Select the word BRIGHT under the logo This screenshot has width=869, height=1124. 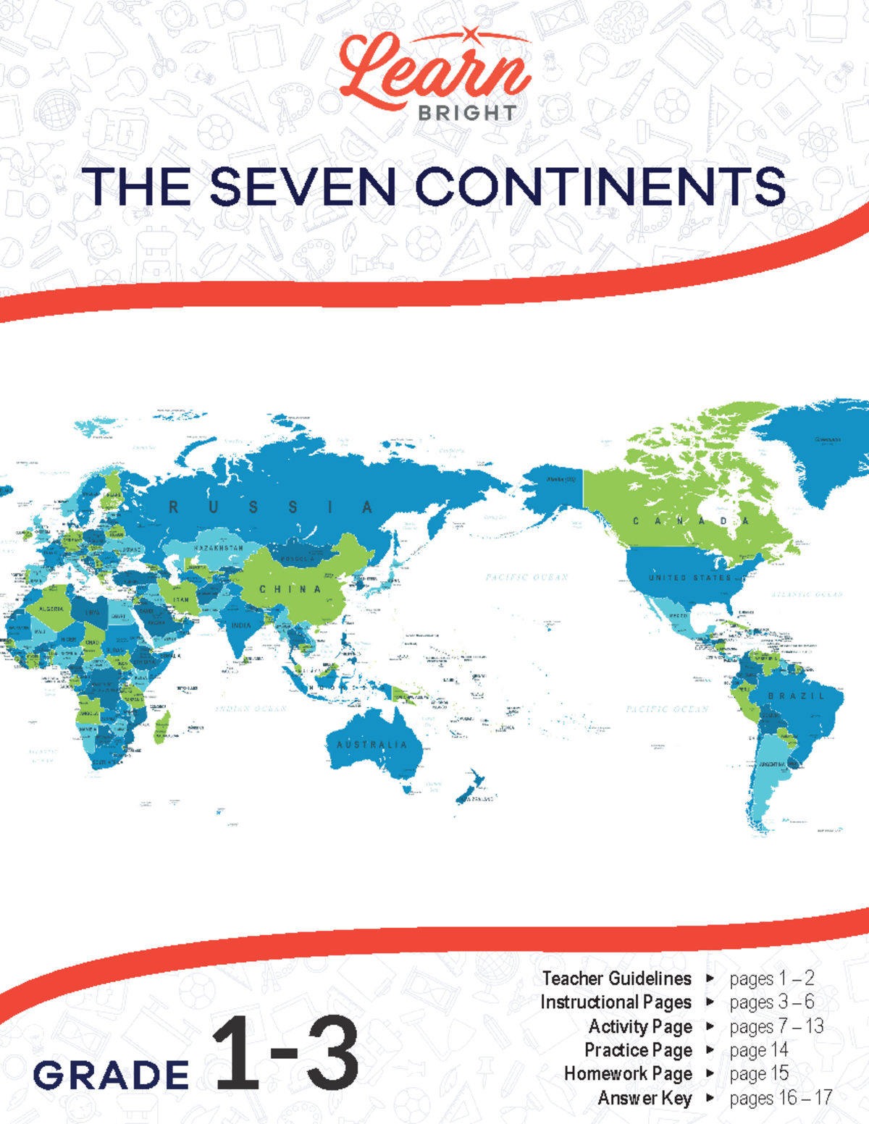click(x=467, y=114)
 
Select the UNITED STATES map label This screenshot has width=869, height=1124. click(x=689, y=578)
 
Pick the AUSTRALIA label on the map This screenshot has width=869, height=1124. click(x=371, y=744)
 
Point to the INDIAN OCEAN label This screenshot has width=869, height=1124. click(x=251, y=709)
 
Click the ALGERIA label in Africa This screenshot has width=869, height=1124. click(x=51, y=609)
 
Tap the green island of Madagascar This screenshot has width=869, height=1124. click(x=162, y=728)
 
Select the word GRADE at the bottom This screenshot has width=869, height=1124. click(x=111, y=1075)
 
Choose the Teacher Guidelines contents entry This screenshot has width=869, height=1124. click(x=616, y=979)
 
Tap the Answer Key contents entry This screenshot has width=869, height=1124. click(x=645, y=1098)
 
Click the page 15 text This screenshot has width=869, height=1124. click(x=759, y=1074)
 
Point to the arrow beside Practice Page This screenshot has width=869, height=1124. click(x=710, y=1050)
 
